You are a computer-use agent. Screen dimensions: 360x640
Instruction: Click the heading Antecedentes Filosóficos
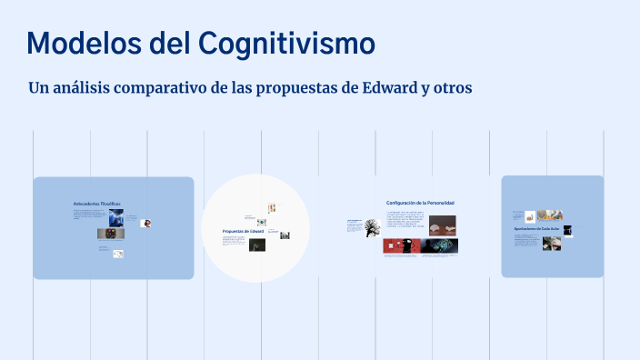(96, 203)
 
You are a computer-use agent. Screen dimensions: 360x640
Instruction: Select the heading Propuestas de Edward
(243, 232)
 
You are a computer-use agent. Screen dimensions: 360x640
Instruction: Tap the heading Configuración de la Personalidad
(420, 202)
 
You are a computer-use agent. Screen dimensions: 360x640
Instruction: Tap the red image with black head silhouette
(400, 245)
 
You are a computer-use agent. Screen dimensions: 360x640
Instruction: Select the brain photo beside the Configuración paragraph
(442, 223)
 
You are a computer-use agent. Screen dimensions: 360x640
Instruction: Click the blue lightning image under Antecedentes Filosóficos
(115, 218)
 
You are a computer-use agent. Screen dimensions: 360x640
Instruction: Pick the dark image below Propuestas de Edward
(257, 245)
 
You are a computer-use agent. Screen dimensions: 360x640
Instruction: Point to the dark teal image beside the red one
(440, 245)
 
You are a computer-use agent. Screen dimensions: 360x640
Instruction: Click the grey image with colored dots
(108, 234)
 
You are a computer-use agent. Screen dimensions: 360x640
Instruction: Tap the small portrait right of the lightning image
(145, 223)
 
